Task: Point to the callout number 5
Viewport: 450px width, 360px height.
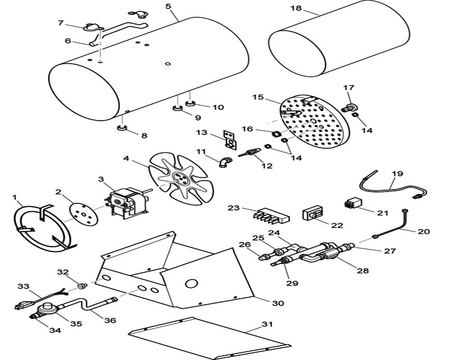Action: pyautogui.click(x=169, y=7)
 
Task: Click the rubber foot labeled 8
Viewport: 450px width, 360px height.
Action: pyautogui.click(x=121, y=128)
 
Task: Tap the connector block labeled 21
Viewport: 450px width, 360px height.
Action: pyautogui.click(x=353, y=203)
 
